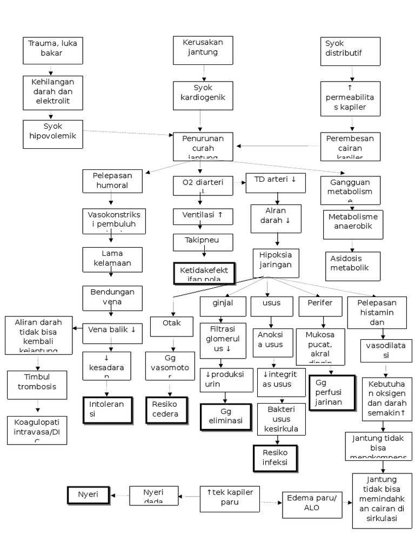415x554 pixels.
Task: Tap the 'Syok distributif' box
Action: click(x=352, y=50)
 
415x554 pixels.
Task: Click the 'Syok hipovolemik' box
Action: click(x=53, y=134)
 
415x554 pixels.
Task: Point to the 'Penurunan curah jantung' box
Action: click(x=203, y=147)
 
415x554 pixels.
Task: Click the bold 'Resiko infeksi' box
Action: click(x=276, y=458)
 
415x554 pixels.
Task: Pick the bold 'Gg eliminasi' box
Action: click(x=226, y=417)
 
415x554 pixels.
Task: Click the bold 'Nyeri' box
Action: click(x=88, y=494)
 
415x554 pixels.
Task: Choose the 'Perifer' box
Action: click(x=320, y=306)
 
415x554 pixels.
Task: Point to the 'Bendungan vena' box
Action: click(x=112, y=298)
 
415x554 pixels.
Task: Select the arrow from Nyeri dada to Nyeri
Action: click(x=119, y=494)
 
